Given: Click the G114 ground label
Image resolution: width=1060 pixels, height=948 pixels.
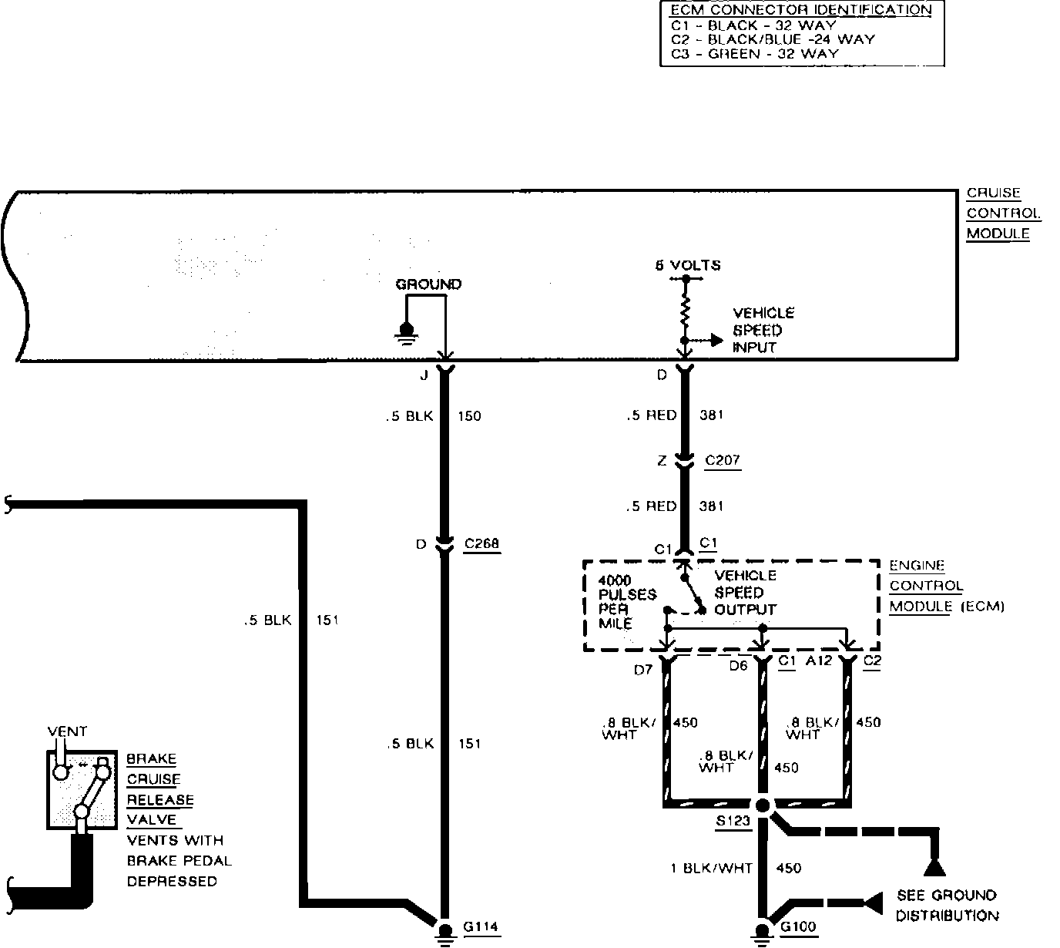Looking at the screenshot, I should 481,926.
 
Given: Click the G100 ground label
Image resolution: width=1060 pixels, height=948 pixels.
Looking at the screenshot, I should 798,926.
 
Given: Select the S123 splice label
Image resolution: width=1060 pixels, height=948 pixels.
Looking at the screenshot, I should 732,821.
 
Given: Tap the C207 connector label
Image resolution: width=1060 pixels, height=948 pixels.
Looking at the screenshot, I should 722,460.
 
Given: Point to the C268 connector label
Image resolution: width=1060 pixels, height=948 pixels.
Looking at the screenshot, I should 481,544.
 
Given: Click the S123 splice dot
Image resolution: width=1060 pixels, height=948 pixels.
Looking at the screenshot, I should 763,805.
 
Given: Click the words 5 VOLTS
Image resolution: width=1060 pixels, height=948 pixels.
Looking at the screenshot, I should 688,265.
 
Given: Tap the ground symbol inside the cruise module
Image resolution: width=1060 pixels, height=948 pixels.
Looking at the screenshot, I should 406,331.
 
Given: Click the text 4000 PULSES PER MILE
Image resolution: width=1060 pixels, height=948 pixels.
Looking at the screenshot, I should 626,600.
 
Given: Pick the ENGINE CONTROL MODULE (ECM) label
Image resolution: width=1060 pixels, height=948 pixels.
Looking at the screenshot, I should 946,587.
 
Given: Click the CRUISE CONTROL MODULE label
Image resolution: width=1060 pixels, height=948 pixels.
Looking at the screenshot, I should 1003,213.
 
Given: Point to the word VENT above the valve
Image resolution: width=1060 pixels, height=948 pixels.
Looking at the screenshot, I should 68,731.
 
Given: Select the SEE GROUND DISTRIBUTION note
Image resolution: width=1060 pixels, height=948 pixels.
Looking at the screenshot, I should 947,906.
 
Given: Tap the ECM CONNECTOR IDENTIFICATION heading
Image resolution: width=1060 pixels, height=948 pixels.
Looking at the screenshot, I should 801,10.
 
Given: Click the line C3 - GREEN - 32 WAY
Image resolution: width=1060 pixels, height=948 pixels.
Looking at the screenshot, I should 755,54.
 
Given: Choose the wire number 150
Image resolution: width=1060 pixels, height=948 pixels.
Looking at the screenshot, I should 469,416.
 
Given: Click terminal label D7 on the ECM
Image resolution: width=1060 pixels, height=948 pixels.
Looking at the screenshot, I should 643,670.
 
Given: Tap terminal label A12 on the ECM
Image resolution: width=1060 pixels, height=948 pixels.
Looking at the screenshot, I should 819,661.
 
